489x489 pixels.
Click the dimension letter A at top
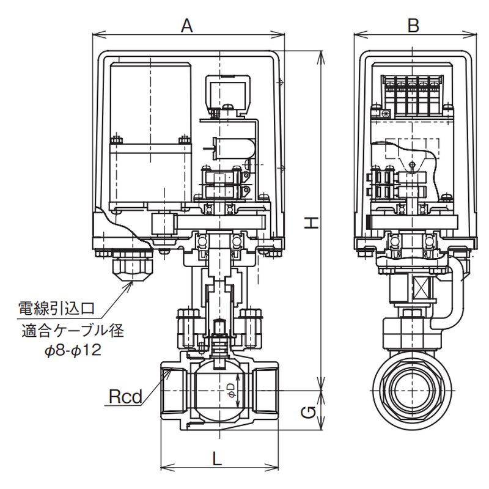(x=187, y=26)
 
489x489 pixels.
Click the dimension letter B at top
(x=413, y=26)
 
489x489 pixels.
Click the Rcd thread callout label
(x=125, y=397)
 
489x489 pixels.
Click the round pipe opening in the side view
(x=413, y=389)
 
